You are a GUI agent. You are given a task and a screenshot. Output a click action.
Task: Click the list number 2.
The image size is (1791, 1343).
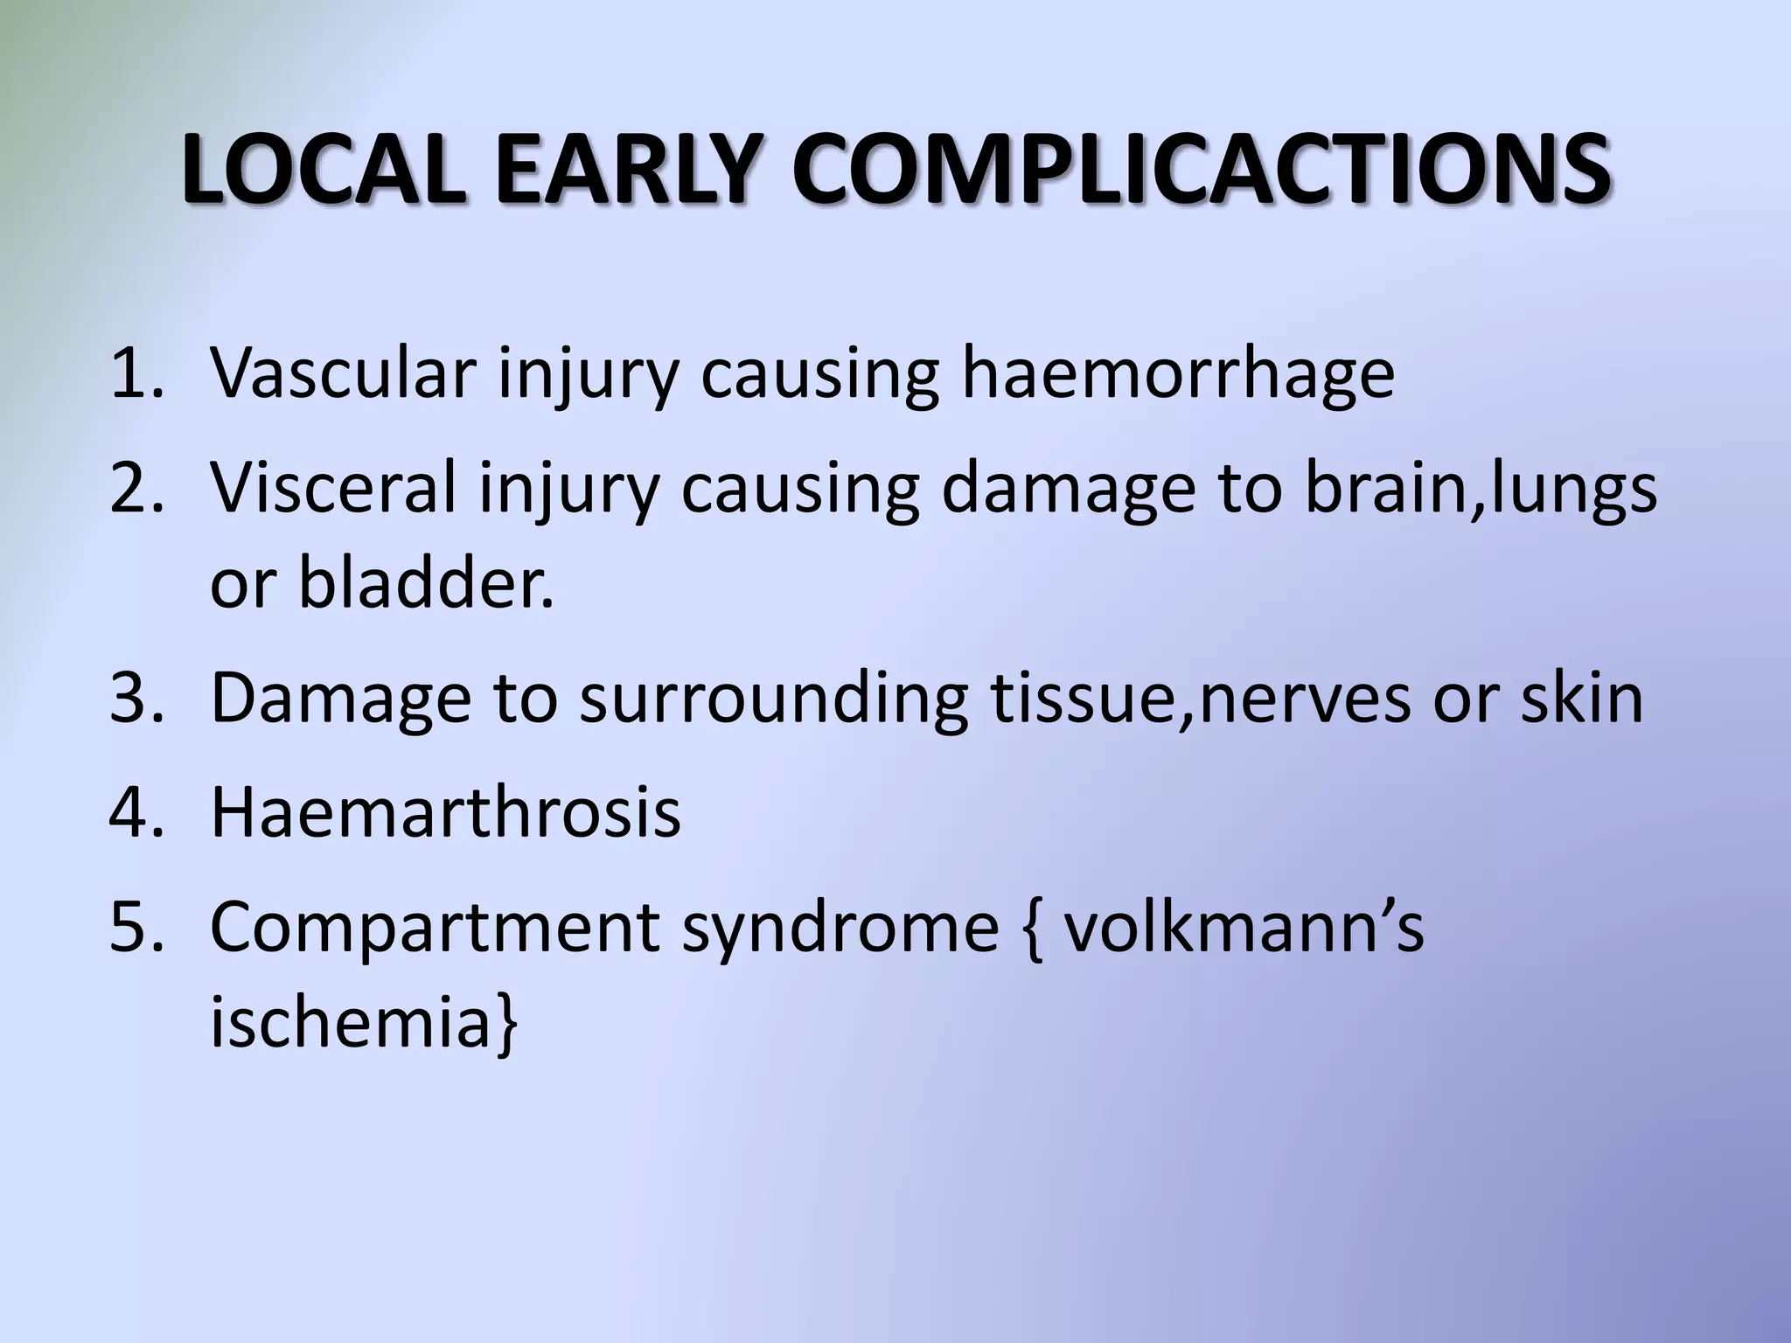click(x=136, y=488)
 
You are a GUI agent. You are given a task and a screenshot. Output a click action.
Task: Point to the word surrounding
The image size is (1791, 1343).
click(x=773, y=699)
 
